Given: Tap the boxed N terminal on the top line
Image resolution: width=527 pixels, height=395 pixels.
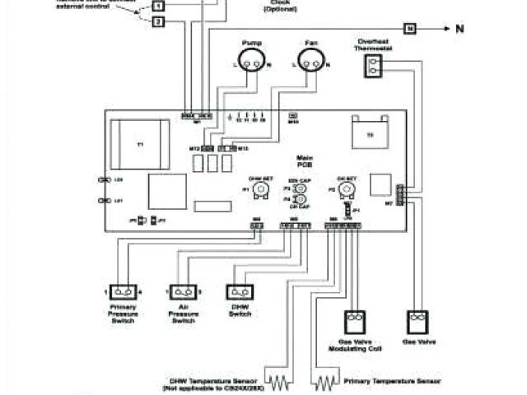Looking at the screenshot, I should pos(410,29).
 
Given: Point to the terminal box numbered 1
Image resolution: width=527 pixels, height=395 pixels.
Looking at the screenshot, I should pos(157,5).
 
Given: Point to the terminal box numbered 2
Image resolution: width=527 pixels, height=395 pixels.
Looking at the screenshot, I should pos(157,21).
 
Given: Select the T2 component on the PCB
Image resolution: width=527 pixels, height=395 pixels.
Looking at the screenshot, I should pos(370,132).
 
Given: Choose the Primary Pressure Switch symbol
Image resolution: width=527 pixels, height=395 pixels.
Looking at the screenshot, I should pos(124,292).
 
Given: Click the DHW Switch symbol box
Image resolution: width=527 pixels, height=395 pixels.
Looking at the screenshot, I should pos(240,292).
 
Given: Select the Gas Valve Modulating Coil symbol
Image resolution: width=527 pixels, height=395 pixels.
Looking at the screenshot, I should pos(354,320).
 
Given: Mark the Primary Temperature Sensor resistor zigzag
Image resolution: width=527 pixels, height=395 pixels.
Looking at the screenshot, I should pos(327,381).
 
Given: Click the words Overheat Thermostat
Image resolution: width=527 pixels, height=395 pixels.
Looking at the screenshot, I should pos(375,44).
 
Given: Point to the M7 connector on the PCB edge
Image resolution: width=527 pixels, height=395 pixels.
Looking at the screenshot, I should pos(399,195).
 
